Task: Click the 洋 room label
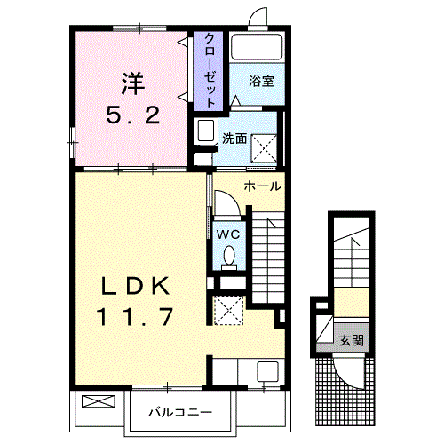[132, 83]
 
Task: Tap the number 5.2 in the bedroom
[133, 115]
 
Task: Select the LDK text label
[136, 286]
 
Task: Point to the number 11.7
[136, 317]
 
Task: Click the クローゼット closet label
[210, 70]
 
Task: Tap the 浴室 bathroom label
[261, 81]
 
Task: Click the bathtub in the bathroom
[257, 47]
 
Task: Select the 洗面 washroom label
[234, 139]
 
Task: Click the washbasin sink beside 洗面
[206, 131]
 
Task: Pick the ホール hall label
[262, 186]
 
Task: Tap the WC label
[228, 234]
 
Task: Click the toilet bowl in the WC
[229, 255]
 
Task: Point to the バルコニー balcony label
[180, 412]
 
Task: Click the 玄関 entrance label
[352, 340]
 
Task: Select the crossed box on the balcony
[99, 401]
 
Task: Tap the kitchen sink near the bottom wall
[267, 371]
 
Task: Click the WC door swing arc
[234, 198]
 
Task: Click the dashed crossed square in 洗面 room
[264, 148]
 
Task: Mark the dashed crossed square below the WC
[228, 310]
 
